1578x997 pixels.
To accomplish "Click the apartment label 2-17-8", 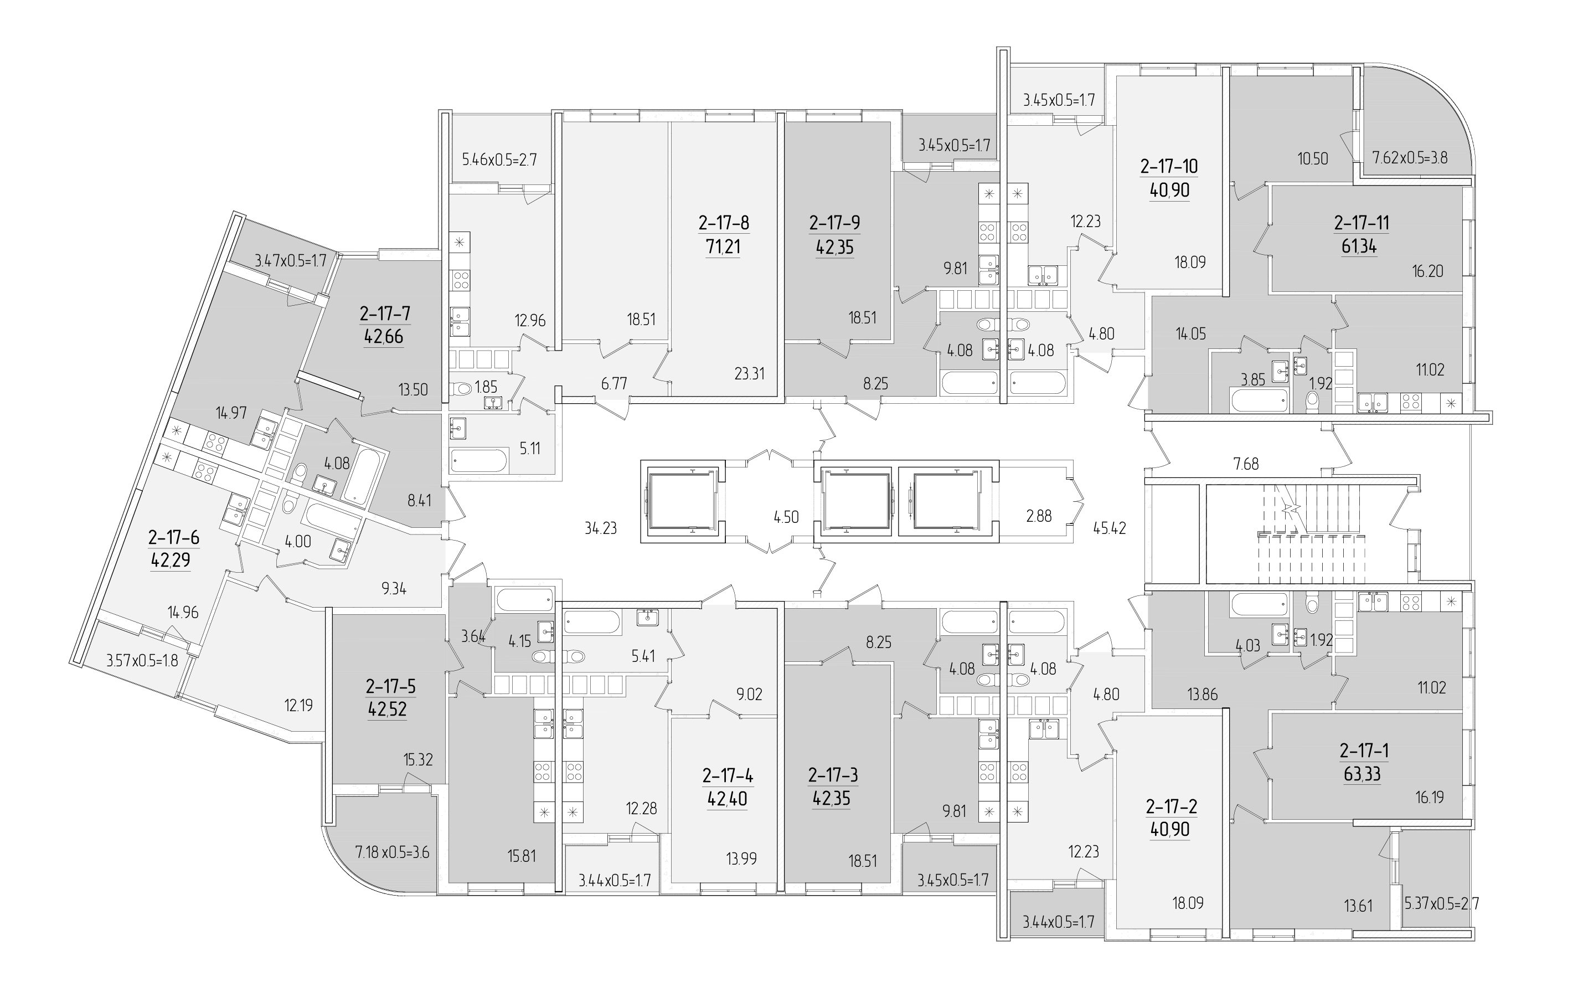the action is pos(724,223).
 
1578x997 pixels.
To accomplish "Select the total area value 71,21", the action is pos(724,247).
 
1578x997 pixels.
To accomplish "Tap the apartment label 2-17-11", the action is pos(1361,223).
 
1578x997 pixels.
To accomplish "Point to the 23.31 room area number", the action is pos(749,374).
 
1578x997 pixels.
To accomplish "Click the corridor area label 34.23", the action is pos(600,528).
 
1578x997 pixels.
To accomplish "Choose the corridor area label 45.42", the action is pos(1110,528).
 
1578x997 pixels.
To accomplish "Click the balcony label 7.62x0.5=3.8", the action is pos(1410,158).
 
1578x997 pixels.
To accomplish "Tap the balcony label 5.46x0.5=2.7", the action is pos(499,160).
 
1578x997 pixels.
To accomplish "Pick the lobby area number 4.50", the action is pos(786,517).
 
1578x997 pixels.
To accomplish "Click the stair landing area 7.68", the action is pos(1246,464).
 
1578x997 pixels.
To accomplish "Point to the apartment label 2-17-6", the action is pos(174,537).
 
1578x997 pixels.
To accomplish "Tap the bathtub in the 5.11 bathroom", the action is pos(479,460).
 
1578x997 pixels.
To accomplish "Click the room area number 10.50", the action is pos(1313,158).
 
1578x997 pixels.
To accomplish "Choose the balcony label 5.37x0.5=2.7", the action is pos(1441,905).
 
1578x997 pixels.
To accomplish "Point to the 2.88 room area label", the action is pos(1039,516).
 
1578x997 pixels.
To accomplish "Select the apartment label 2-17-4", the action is pos(728,776).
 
